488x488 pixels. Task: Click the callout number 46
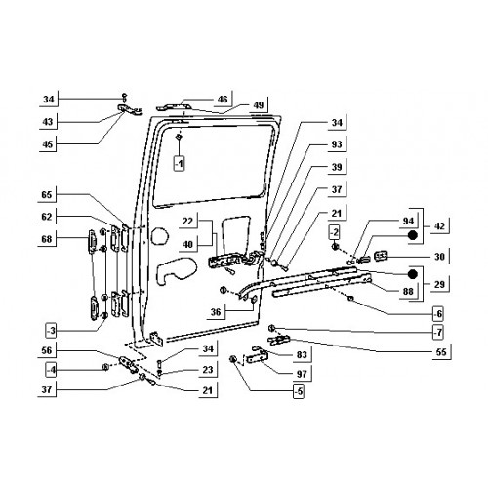tap(223, 99)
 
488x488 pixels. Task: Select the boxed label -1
tap(179, 164)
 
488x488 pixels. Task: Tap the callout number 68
tap(47, 239)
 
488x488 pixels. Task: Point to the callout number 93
tap(337, 143)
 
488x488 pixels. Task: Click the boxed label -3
tap(51, 332)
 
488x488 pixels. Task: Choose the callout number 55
tap(441, 352)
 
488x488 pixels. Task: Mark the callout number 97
tap(302, 374)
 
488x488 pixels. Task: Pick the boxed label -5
tap(299, 391)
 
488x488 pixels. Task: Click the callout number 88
tap(408, 291)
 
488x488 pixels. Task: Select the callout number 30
tap(439, 257)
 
